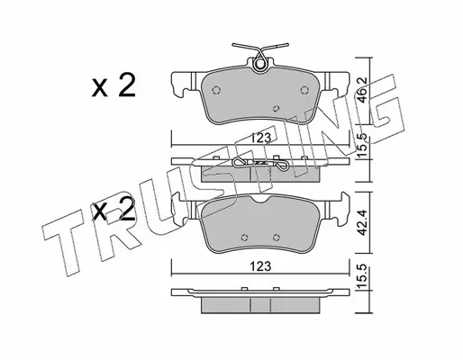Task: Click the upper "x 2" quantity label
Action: [113, 85]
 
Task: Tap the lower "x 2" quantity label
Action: [113, 209]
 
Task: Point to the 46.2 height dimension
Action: [363, 90]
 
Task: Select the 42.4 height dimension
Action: [363, 222]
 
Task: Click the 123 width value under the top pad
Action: [261, 138]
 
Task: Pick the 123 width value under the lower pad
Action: [261, 266]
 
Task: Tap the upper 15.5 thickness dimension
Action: [363, 147]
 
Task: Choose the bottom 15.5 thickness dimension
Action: [363, 277]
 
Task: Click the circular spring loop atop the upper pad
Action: [259, 65]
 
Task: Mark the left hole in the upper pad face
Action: [216, 90]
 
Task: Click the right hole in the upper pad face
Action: [304, 90]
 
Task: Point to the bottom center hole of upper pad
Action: [277, 108]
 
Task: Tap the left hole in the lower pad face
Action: [245, 238]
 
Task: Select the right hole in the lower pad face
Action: [277, 238]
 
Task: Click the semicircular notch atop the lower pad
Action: [260, 200]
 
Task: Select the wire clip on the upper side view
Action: [260, 164]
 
